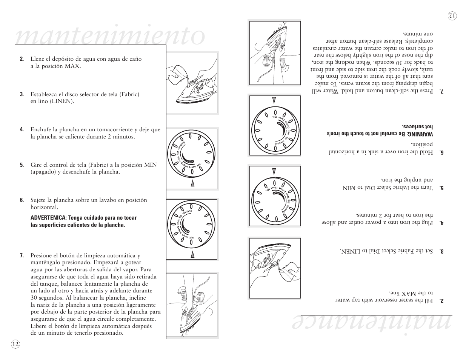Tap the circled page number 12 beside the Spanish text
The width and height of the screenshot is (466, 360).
coord(15,344)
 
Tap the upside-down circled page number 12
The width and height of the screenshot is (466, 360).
coord(452,15)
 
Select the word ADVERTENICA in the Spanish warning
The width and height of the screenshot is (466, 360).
coord(49,218)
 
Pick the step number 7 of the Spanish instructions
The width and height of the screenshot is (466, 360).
coord(22,256)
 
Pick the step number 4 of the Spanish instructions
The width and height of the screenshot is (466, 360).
coord(22,130)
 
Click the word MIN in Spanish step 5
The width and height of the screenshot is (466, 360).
coord(151,165)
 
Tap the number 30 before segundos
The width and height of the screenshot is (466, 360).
coord(35,298)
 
